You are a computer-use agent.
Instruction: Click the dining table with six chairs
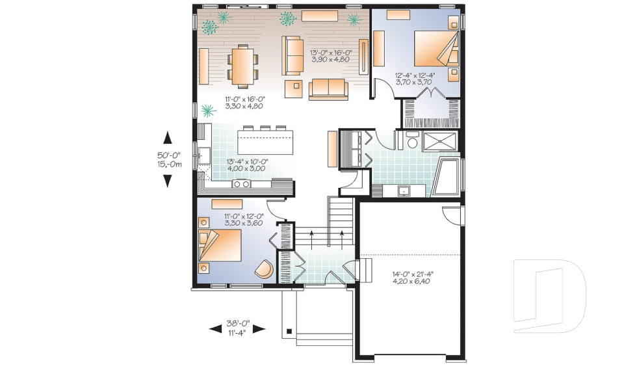tap(243, 66)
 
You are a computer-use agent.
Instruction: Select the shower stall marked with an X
tap(440, 140)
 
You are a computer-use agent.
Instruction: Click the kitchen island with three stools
tap(265, 140)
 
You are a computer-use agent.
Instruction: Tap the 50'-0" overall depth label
tap(168, 160)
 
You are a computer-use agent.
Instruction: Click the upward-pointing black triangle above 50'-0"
tap(168, 137)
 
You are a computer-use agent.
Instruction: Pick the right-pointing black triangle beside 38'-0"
tap(259, 329)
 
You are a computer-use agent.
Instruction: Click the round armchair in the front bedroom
tap(263, 269)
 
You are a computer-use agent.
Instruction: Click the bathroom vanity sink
tap(404, 191)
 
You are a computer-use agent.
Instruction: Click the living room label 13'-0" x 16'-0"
tap(330, 55)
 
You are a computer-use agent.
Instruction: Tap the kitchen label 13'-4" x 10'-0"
tap(246, 165)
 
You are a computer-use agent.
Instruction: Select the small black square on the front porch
tap(289, 332)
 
